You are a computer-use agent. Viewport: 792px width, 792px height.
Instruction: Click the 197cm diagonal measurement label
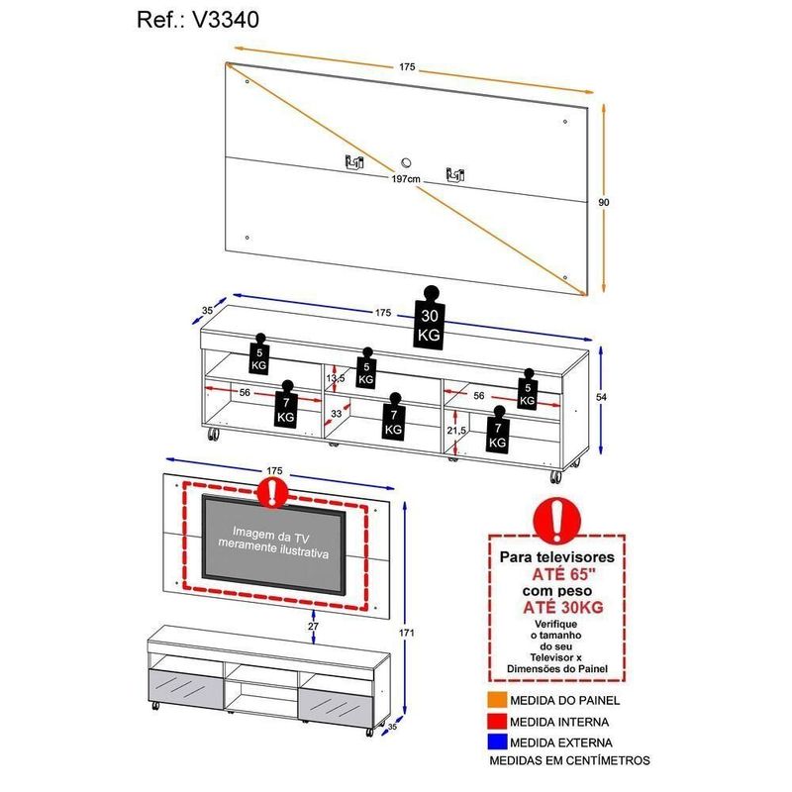tap(406, 179)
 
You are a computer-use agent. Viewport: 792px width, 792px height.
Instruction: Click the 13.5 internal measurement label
tap(336, 378)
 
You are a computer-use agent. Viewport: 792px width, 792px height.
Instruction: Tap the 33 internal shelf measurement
tap(337, 413)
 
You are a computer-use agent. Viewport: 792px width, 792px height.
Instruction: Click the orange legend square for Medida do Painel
tap(497, 700)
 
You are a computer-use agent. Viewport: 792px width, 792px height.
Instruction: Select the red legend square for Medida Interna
tap(497, 721)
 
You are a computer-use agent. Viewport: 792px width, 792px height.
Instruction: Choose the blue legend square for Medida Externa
tap(497, 742)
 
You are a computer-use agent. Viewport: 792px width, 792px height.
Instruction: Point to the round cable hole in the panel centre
tap(406, 163)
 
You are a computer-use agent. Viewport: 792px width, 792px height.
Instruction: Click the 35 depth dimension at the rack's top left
tap(207, 311)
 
